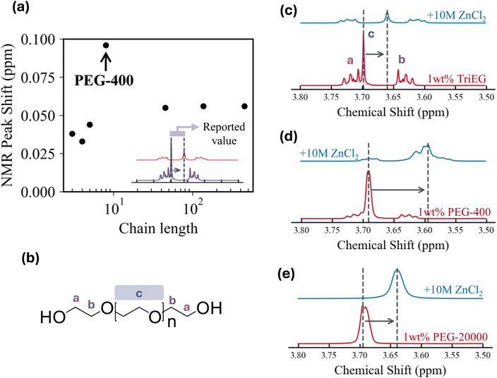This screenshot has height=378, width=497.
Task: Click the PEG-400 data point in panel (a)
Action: pyautogui.click(x=106, y=45)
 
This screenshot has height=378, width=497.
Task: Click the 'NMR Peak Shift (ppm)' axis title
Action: pyautogui.click(x=11, y=115)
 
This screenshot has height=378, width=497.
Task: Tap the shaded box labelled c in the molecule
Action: pyautogui.click(x=140, y=291)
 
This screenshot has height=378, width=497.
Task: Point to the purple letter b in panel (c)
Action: pyautogui.click(x=401, y=59)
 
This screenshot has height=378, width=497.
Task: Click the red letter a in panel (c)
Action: pyautogui.click(x=349, y=61)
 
